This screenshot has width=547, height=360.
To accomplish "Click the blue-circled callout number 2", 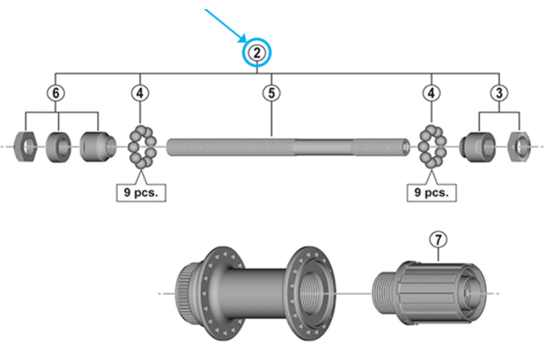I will click(x=257, y=53).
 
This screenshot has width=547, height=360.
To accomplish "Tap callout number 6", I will click(x=55, y=93).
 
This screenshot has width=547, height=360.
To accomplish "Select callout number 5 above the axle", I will click(x=271, y=93).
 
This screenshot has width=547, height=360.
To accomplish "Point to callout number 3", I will click(x=499, y=93).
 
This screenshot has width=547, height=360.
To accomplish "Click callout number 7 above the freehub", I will click(x=439, y=239).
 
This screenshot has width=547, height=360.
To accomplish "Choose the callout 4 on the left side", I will click(x=140, y=93).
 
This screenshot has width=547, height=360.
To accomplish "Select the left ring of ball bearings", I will click(x=142, y=148).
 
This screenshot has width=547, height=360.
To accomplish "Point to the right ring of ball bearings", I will click(x=431, y=148).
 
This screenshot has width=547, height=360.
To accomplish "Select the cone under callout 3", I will click(x=476, y=146).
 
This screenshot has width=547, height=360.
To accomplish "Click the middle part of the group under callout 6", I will click(x=58, y=148).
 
